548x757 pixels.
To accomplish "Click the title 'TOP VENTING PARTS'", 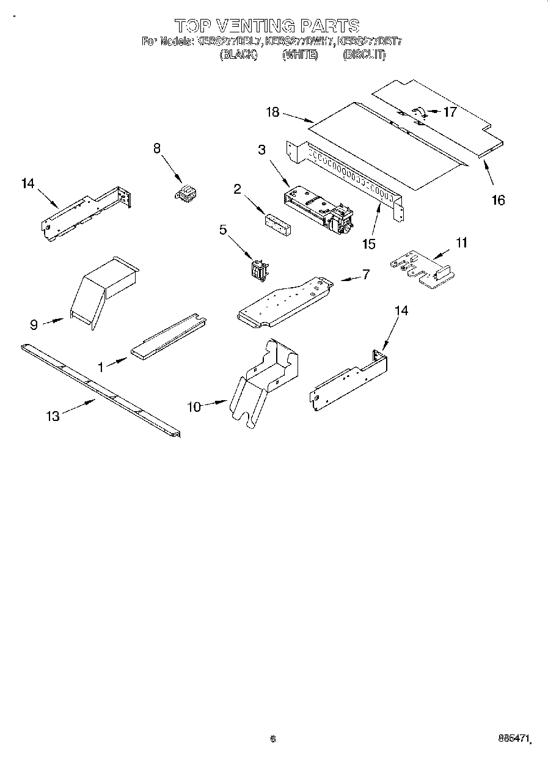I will (x=267, y=26).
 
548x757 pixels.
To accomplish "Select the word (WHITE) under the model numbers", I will (x=299, y=54).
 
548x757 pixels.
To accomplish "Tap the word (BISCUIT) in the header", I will (x=364, y=54).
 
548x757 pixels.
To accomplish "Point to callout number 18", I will (x=272, y=112).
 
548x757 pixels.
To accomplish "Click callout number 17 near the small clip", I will (x=450, y=112).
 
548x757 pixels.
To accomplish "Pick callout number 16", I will (x=499, y=200).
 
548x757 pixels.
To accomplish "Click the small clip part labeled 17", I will (x=419, y=111).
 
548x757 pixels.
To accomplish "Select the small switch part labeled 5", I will (x=257, y=269).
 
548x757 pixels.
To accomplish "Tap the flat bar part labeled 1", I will (x=167, y=337).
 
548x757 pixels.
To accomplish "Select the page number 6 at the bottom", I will (x=273, y=739).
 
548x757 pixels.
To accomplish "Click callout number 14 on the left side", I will (x=28, y=183).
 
